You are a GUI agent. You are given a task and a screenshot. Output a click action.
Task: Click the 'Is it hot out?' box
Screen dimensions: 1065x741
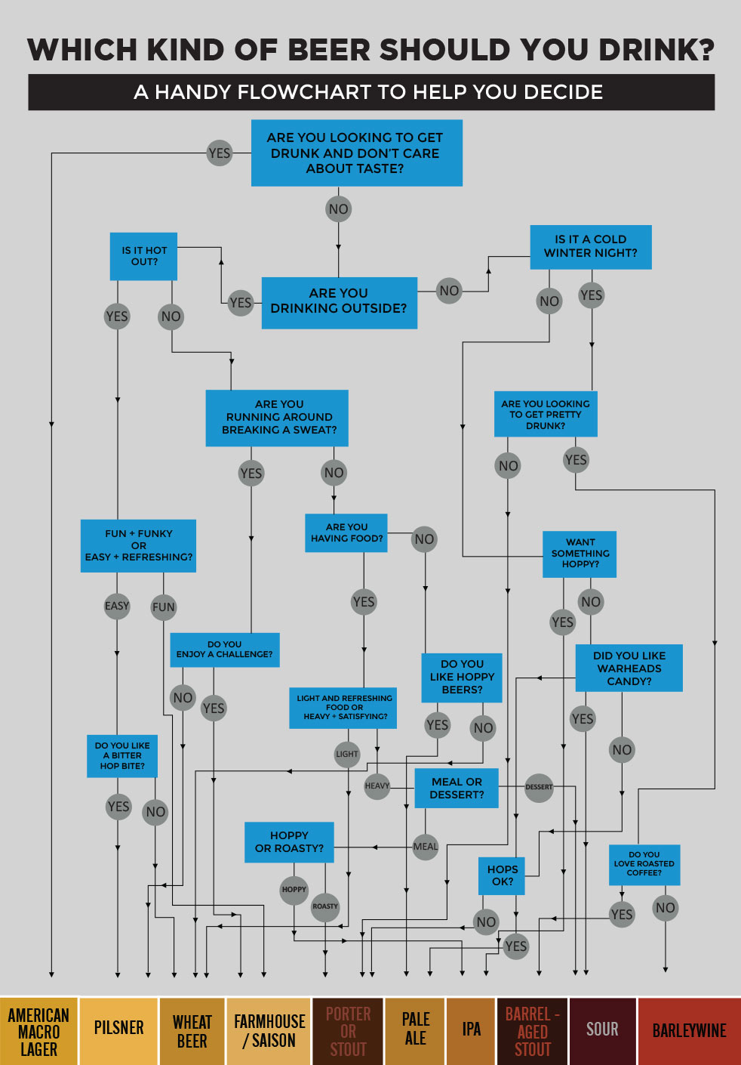click(x=144, y=256)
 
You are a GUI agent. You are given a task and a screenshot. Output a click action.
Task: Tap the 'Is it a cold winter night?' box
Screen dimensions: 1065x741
click(x=590, y=247)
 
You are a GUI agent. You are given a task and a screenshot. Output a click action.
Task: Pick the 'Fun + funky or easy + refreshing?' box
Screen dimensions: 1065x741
click(x=138, y=545)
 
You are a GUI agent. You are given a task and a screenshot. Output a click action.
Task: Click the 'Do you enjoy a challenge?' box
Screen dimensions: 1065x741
click(x=225, y=650)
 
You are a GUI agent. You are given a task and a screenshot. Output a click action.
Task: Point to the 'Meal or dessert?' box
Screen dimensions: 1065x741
click(x=457, y=788)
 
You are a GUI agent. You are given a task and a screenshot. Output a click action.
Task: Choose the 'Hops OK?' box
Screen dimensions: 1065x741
click(x=502, y=875)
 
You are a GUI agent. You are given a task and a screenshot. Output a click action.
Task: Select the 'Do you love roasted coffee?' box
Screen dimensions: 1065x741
click(x=644, y=864)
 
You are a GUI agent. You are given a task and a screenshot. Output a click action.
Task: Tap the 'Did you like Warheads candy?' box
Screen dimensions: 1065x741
click(x=629, y=668)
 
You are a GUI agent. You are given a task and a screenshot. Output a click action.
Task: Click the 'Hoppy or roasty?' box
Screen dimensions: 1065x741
click(x=289, y=842)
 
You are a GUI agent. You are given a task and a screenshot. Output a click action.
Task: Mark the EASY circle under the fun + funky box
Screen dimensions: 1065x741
click(x=117, y=606)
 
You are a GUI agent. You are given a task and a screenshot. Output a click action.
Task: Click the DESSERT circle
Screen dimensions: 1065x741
click(x=539, y=787)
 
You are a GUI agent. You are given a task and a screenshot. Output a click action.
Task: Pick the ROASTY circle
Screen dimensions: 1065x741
click(x=325, y=906)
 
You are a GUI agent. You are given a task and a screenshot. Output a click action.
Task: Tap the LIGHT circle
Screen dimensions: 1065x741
click(x=347, y=754)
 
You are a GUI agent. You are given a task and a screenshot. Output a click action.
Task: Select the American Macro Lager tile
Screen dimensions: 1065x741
click(x=38, y=1032)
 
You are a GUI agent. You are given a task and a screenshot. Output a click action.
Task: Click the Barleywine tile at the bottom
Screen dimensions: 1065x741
click(x=689, y=1032)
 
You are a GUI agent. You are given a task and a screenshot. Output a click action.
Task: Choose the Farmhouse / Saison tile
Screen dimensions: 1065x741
click(x=269, y=1032)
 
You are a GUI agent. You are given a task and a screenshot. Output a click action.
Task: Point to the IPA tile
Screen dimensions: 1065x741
click(x=471, y=1032)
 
